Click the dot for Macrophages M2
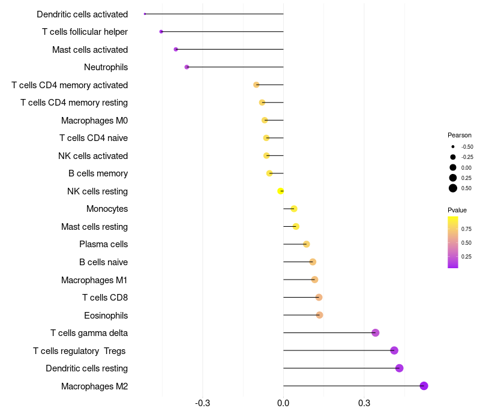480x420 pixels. click(x=424, y=386)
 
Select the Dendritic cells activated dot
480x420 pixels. click(x=145, y=14)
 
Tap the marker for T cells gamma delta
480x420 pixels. click(x=376, y=333)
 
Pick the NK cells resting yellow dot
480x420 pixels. click(x=280, y=191)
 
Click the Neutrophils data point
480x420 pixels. click(x=187, y=67)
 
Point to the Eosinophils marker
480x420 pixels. click(x=319, y=315)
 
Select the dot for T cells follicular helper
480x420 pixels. click(x=161, y=31)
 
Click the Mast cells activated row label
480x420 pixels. click(x=90, y=50)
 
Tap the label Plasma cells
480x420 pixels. click(x=103, y=244)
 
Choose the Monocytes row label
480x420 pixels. click(x=107, y=209)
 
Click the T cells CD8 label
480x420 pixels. click(x=105, y=298)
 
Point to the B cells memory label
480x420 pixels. click(x=98, y=173)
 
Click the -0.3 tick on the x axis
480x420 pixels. click(x=203, y=403)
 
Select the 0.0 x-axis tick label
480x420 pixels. click(x=283, y=403)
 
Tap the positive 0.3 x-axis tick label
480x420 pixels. click(x=364, y=403)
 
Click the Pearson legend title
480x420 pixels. click(x=460, y=135)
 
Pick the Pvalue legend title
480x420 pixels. click(x=457, y=210)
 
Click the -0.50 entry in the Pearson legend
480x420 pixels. click(x=467, y=147)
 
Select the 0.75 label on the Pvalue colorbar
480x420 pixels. click(x=466, y=229)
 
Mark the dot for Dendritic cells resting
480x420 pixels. click(x=400, y=368)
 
